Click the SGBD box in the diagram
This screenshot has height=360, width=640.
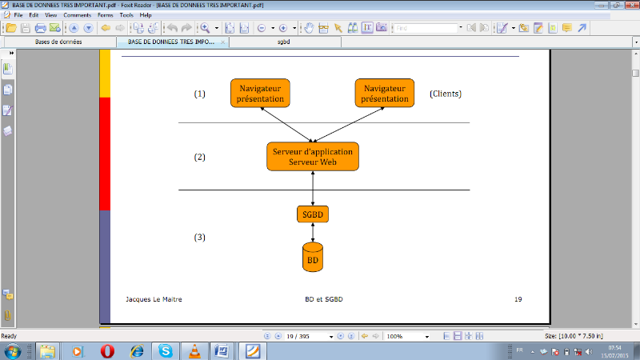pos(312,214)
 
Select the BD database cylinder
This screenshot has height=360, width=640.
pos(312,258)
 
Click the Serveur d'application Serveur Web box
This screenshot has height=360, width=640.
pos(312,156)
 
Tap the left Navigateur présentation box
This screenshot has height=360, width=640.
pos(261,94)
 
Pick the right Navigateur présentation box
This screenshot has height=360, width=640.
pos(384,94)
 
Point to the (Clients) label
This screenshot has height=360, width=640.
pos(446,94)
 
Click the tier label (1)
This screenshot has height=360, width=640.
pos(200,94)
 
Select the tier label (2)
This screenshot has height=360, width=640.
pos(200,157)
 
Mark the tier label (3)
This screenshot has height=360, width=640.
pos(200,238)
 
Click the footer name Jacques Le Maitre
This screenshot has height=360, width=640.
pos(154,299)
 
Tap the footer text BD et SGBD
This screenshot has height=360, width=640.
pos(323,299)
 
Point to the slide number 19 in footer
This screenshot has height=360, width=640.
pos(518,299)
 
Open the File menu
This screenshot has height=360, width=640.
pos(18,15)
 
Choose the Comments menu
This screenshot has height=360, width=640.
pos(77,15)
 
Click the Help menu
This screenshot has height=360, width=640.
pos(145,15)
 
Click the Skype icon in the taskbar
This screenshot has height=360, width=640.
pos(166,350)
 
